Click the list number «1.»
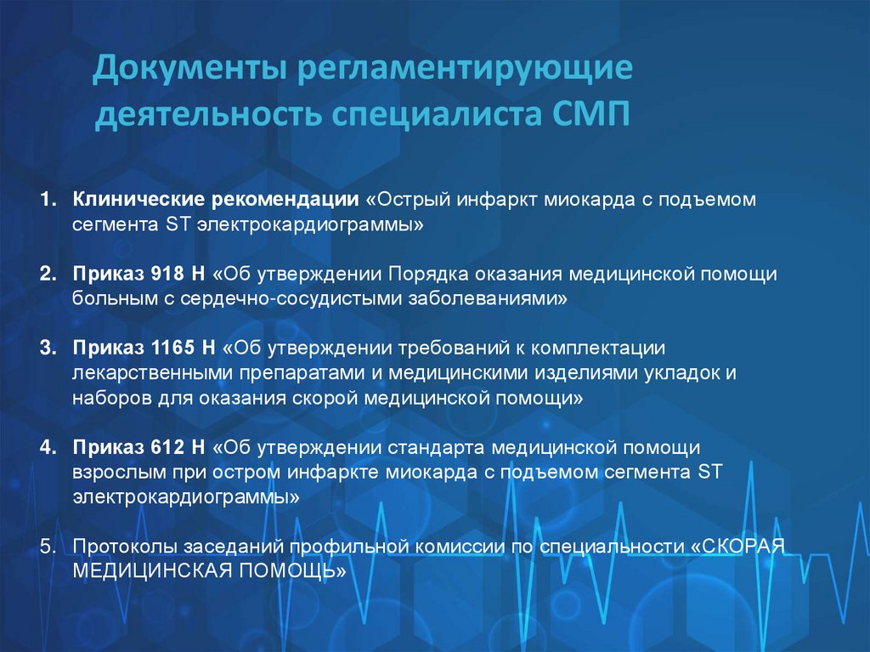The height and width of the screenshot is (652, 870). [x=48, y=201]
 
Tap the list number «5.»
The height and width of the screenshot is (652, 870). [x=48, y=545]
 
